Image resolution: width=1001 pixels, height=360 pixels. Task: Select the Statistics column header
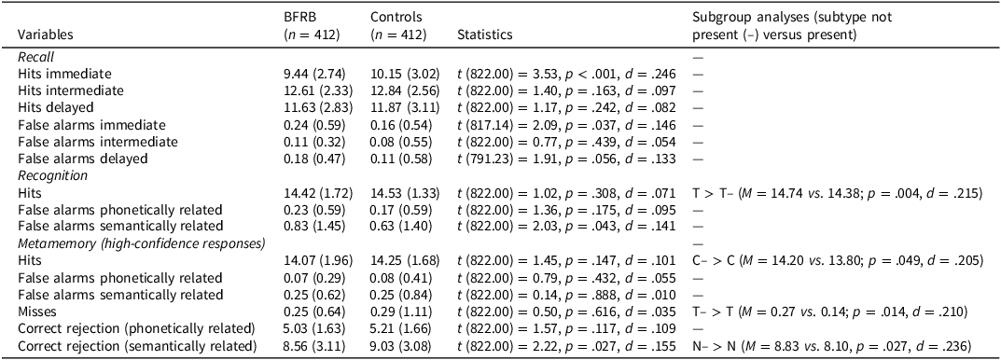484,35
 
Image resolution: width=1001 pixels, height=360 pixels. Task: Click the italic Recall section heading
35,57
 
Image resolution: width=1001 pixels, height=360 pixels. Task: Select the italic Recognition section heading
52,174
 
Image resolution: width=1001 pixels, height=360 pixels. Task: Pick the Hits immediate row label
65,73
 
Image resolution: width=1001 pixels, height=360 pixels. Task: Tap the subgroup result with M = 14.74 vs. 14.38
827,191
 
